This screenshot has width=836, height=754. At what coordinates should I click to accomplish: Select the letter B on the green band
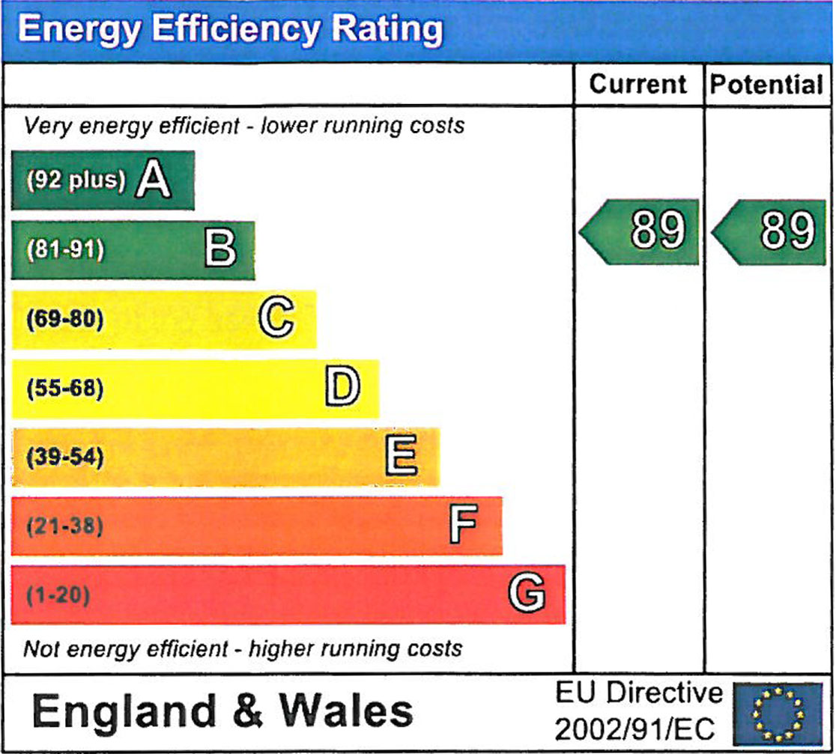point(220,249)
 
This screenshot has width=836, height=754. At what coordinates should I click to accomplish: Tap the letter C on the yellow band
point(276,319)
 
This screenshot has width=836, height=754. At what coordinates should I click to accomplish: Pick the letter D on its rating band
point(342,388)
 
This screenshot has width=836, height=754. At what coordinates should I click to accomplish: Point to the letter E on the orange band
point(401,457)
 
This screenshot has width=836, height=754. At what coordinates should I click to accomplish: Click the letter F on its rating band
point(463,526)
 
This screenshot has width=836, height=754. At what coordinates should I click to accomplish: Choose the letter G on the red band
point(527,595)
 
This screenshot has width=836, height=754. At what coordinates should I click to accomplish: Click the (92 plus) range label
point(75,181)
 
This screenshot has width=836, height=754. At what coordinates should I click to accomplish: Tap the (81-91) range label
point(66,250)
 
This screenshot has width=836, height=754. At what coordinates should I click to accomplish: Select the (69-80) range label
point(66,320)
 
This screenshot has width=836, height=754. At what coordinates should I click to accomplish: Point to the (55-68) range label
point(66,389)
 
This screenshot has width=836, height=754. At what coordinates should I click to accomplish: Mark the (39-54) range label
point(66,457)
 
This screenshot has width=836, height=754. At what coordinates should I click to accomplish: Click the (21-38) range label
point(66,526)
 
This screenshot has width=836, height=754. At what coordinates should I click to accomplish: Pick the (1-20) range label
point(58,596)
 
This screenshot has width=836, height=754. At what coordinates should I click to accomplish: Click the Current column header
point(637,84)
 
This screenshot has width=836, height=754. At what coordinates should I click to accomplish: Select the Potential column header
point(766,84)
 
